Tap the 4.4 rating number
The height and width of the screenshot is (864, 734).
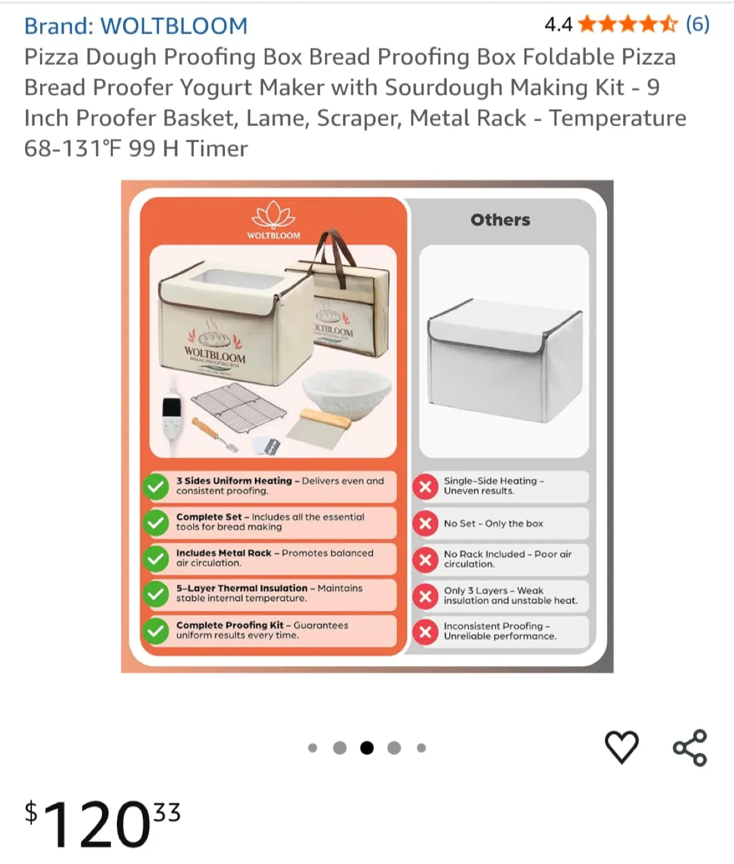click(558, 25)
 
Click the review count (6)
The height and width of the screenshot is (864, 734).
click(697, 25)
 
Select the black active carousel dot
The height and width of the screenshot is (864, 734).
click(367, 748)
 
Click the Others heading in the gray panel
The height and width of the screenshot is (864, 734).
click(500, 220)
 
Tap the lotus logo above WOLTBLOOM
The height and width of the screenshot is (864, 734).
click(273, 215)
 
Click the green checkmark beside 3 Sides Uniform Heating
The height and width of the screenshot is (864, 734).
click(156, 486)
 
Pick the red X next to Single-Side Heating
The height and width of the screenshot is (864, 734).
click(425, 486)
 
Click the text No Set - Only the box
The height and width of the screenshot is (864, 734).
click(493, 523)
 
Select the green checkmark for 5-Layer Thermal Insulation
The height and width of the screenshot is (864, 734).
click(156, 594)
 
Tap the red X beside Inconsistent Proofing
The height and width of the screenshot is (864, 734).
click(425, 631)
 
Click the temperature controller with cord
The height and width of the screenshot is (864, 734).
click(172, 414)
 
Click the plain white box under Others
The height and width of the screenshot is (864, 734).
click(504, 366)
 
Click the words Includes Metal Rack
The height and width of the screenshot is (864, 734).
click(224, 553)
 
